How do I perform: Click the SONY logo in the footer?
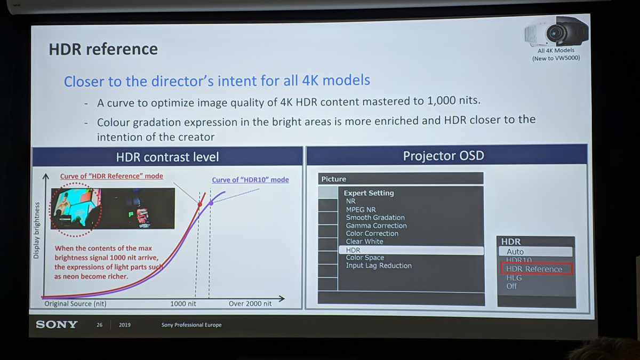pos(57,325)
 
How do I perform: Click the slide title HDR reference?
pos(103,49)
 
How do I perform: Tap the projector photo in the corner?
pos(556,32)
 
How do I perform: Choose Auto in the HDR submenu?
pos(515,252)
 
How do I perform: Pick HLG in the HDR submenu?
pos(514,278)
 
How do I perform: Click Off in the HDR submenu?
pos(511,286)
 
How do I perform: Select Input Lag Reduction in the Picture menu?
pos(379,266)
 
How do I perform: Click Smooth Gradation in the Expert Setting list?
pos(375,218)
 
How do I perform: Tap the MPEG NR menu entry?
pos(361,210)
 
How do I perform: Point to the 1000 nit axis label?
pos(183,303)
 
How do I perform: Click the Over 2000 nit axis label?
pos(250,303)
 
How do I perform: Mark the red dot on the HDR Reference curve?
pos(199,204)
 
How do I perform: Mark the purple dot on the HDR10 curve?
pos(211,203)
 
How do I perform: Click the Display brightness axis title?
pos(36,230)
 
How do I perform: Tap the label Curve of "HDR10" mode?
pos(250,180)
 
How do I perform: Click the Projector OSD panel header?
pos(446,155)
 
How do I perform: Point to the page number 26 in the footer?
pos(99,325)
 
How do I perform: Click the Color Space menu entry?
pos(365,258)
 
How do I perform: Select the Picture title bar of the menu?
pos(401,179)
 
